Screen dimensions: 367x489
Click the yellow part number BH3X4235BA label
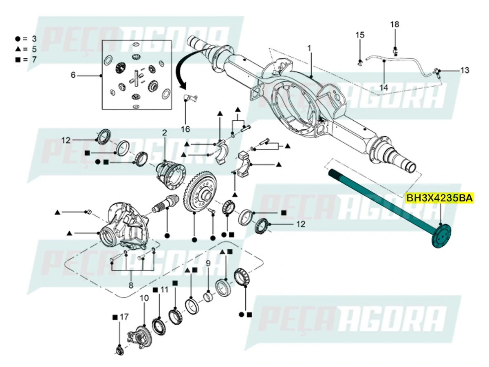(x=439, y=199)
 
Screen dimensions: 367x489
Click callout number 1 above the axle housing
(x=309, y=48)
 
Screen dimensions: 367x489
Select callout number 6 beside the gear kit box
(x=73, y=75)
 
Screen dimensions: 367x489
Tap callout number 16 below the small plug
(x=185, y=129)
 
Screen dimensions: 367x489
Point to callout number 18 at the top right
(x=394, y=24)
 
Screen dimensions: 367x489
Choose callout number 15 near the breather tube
(x=360, y=35)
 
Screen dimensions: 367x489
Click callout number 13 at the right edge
(x=465, y=70)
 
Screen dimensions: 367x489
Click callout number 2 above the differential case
(x=165, y=133)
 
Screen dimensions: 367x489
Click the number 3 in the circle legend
(x=34, y=39)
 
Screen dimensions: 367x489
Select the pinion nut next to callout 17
(x=119, y=349)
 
